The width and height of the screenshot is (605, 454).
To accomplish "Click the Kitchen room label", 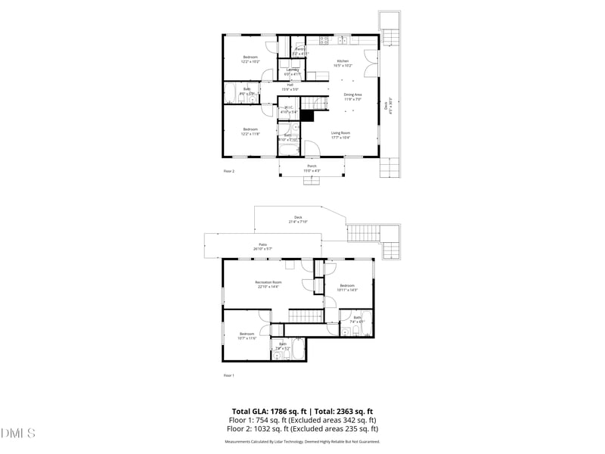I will tap(343, 61).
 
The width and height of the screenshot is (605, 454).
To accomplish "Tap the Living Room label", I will tap(340, 133).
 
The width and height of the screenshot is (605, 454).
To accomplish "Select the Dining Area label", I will tap(353, 95).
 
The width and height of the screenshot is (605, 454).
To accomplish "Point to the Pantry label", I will tap(300, 50).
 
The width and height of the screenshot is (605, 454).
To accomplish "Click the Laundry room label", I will tap(292, 70).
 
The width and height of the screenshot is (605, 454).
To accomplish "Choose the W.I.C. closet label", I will tap(288, 108).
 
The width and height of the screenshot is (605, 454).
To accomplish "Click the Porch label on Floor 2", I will tap(312, 166).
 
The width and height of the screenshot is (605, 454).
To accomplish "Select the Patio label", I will tap(262, 244).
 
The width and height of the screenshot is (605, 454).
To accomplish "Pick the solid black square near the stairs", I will tap(307, 117).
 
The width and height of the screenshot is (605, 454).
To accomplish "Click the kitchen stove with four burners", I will tap(323, 39).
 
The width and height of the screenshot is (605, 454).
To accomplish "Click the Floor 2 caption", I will tap(229, 172).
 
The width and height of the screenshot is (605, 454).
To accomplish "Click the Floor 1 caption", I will tap(228, 375).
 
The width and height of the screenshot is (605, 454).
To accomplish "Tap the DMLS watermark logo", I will tap(18, 434).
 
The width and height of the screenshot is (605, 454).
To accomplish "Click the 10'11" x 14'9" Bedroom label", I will tap(347, 285).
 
